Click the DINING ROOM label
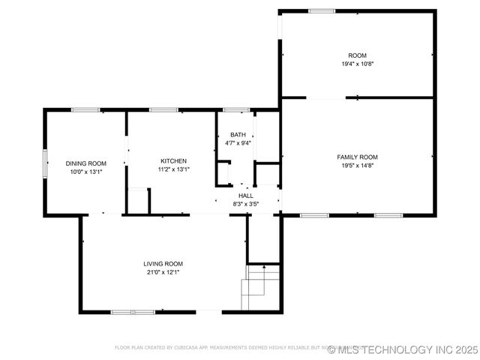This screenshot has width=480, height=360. [85, 163]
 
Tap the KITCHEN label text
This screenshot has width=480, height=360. [173, 161]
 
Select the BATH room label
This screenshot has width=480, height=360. [238, 135]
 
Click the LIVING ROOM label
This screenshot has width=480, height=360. [163, 264]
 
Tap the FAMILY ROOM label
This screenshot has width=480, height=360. [357, 157]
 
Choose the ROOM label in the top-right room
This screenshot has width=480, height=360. [357, 55]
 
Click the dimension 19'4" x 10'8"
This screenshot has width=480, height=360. [357, 64]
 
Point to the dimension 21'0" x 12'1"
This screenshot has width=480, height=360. [163, 272]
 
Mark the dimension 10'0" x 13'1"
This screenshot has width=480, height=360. [85, 172]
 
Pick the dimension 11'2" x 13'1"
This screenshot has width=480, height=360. [173, 169]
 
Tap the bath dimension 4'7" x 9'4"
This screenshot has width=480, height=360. [238, 143]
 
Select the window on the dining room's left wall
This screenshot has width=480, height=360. [45, 163]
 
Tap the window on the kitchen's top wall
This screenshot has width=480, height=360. [163, 111]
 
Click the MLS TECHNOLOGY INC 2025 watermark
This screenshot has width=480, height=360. [402, 349]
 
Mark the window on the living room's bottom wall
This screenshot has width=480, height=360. [133, 311]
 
